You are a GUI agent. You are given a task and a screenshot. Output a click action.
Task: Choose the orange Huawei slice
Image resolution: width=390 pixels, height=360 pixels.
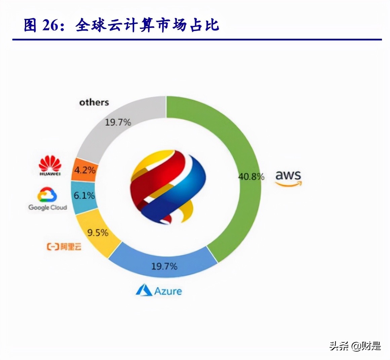(x=84, y=170)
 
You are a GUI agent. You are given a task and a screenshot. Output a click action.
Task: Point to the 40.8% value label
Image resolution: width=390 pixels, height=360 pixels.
(x=251, y=176)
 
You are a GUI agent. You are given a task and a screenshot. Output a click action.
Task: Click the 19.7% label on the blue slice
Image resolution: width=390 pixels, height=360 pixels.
(x=164, y=266)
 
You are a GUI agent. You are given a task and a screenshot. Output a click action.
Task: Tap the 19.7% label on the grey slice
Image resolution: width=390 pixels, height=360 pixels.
(x=118, y=122)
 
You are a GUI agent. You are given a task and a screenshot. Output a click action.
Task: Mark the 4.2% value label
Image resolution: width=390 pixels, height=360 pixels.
(x=85, y=170)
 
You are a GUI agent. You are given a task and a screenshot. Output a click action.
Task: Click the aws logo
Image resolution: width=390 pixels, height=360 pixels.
(x=288, y=178)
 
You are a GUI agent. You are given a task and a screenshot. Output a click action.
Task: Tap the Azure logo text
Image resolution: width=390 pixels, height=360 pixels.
(x=159, y=290)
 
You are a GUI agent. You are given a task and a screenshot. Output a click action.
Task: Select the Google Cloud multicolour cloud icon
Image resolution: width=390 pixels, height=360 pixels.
(x=47, y=195)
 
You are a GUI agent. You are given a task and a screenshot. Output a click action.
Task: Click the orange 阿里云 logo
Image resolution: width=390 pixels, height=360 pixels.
(x=64, y=247)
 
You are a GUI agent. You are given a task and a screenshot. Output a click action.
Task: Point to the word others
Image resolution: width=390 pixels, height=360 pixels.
(x=94, y=102)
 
